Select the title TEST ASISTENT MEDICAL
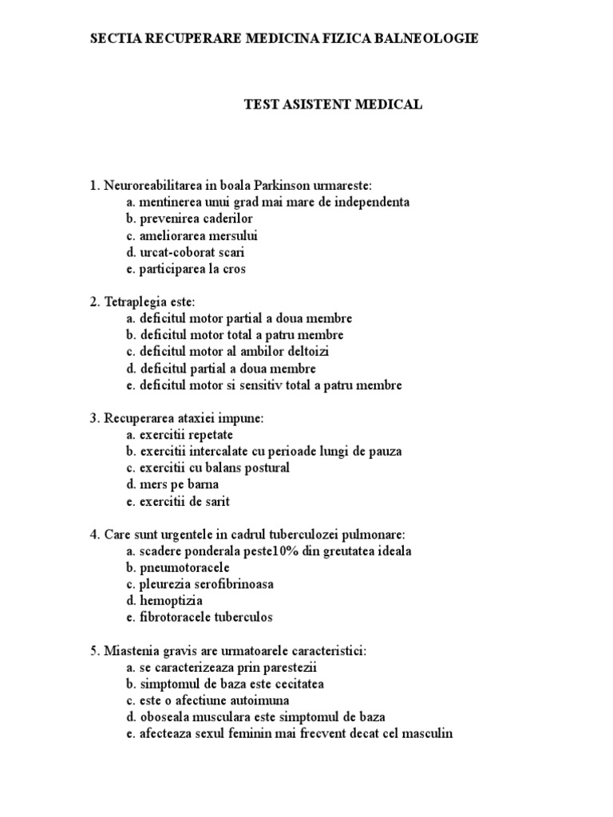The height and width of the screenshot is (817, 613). [x=332, y=105]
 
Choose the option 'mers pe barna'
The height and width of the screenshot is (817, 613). [x=172, y=485]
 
